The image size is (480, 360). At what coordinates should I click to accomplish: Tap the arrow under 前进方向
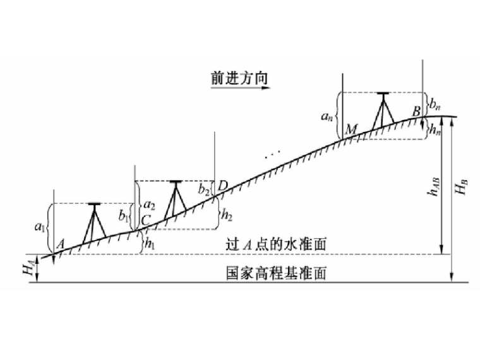(x=240, y=90)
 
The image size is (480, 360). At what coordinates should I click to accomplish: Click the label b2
(x=203, y=188)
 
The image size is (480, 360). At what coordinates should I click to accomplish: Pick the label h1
(x=149, y=242)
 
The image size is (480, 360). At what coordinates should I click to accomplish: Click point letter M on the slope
(x=351, y=129)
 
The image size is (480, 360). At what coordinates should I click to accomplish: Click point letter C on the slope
(x=145, y=220)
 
